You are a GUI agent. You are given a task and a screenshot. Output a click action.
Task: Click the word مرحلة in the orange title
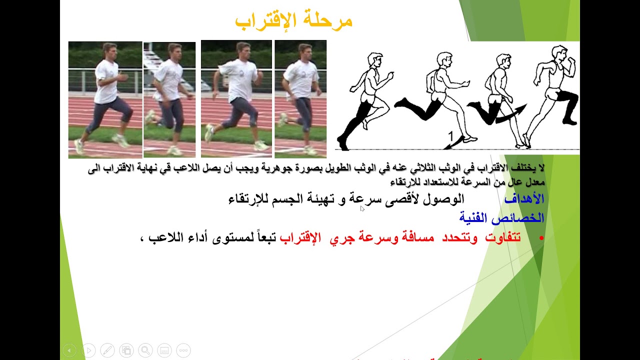click(330, 21)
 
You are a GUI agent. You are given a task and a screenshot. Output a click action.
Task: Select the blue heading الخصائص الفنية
click(501, 218)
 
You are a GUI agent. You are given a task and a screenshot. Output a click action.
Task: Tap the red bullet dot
click(541, 238)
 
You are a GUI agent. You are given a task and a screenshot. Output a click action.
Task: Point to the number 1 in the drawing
click(450, 136)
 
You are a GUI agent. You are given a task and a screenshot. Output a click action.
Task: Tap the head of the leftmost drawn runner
click(374, 59)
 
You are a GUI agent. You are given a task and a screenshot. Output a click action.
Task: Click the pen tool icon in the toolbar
click(107, 350)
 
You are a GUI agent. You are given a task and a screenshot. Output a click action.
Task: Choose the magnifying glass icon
click(145, 350)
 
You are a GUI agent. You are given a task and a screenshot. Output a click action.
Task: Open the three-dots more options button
click(183, 350)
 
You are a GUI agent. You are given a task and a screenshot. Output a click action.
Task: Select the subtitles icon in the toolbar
click(164, 350)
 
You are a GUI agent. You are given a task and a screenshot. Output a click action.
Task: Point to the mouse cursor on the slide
click(362, 208)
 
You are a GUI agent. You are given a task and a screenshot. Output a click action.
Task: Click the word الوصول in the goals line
click(447, 199)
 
